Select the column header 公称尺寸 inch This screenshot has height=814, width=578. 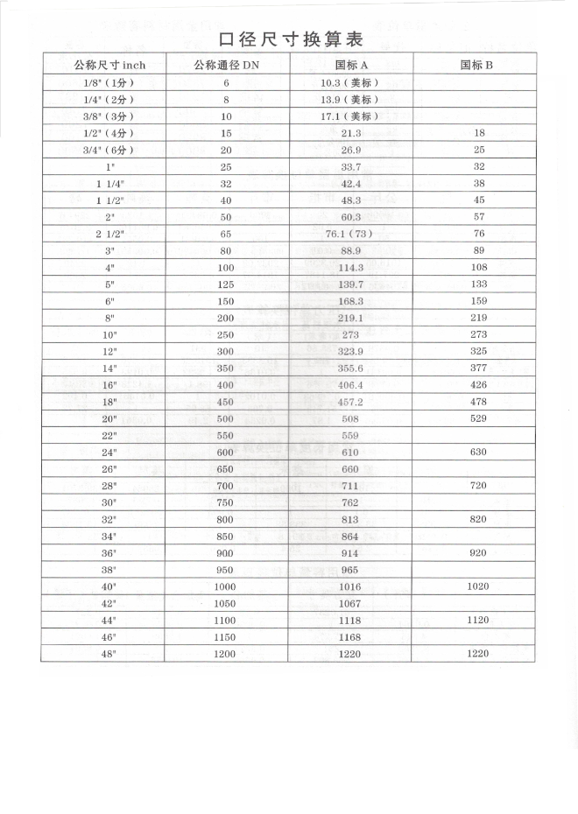tap(103, 65)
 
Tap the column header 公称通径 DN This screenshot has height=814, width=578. tap(226, 65)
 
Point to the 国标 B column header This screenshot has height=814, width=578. tap(477, 65)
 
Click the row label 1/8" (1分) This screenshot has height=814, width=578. tap(103, 82)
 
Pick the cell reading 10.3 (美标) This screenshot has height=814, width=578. tap(349, 82)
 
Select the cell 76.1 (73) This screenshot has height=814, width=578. tap(349, 234)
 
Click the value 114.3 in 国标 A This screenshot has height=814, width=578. tap(349, 268)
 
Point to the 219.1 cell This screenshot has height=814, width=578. tap(349, 319)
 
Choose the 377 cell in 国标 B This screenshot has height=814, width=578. tap(477, 368)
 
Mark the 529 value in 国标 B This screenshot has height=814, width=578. tap(477, 419)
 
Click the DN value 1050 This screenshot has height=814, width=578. tap(226, 604)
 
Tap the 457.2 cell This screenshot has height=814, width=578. tap(349, 403)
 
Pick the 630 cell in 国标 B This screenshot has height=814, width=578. tap(477, 453)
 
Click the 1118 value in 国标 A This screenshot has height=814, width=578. tap(349, 621)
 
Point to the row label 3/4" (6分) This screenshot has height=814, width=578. tap(103, 150)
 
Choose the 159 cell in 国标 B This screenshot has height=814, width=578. tap(477, 301)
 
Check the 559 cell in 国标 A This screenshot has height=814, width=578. tap(349, 436)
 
